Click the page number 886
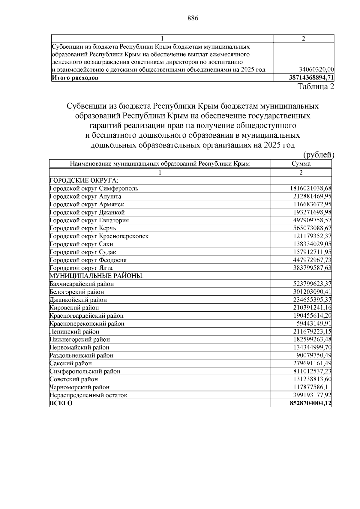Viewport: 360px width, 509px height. (x=193, y=18)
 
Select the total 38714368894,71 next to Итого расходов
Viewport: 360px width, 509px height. (x=311, y=78)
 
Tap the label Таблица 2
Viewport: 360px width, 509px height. (x=316, y=87)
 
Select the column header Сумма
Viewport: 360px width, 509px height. (x=301, y=164)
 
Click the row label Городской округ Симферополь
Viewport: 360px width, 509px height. (x=94, y=189)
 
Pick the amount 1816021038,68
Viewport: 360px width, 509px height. (x=310, y=188)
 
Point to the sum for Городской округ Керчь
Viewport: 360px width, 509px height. (x=312, y=228)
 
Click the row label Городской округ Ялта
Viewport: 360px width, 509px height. (x=81, y=268)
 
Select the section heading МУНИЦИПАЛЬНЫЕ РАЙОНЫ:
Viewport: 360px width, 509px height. (x=96, y=276)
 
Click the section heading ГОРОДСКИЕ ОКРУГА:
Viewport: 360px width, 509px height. (x=84, y=181)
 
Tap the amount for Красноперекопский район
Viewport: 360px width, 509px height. (x=314, y=324)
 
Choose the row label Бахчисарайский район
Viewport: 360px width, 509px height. (x=82, y=284)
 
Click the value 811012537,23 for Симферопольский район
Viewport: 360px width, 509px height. (x=312, y=371)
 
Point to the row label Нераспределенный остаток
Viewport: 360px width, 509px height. (x=88, y=395)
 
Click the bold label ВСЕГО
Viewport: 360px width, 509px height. (x=61, y=403)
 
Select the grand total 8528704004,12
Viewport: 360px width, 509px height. (x=310, y=403)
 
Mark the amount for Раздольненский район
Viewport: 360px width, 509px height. (x=314, y=355)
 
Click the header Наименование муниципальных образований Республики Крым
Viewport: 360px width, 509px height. (x=160, y=164)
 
